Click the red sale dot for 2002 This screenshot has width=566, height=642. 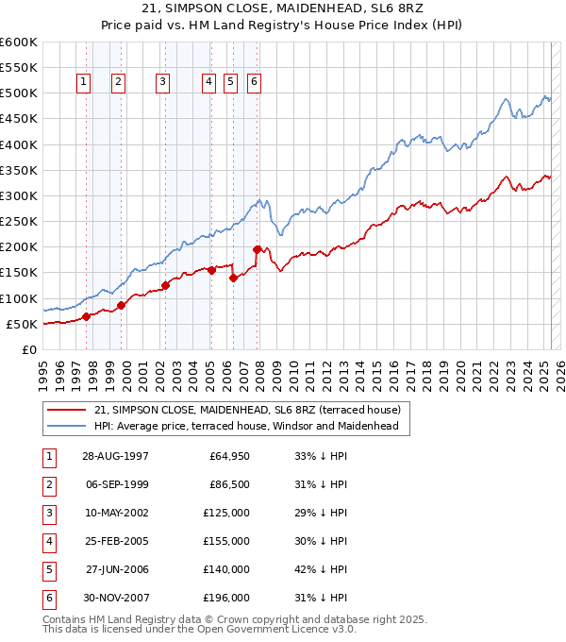165,285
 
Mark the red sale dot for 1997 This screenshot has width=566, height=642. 86,316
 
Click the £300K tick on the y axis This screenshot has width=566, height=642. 19,195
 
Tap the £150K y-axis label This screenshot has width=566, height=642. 19,273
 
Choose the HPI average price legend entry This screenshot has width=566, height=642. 246,426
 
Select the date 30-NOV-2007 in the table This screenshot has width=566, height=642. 115,598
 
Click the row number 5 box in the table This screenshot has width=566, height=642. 48,569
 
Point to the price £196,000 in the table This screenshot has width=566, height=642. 227,598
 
